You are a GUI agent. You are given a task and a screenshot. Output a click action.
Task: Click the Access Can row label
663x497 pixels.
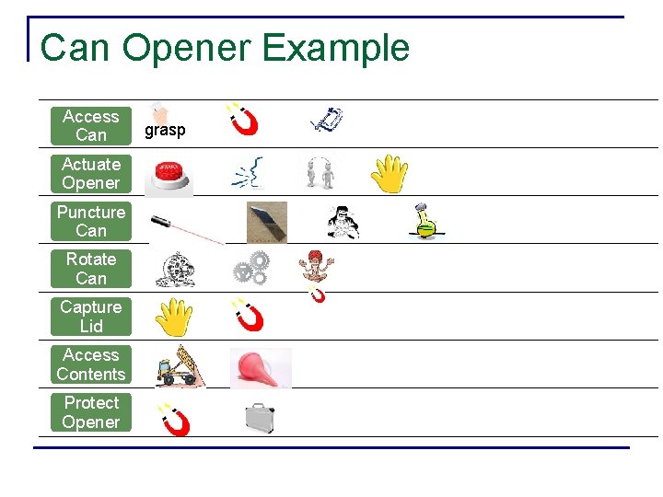pos(91,126)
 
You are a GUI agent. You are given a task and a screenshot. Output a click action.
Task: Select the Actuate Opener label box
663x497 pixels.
pos(91,174)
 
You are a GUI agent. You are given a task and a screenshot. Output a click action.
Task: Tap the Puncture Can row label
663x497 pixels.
pos(91,222)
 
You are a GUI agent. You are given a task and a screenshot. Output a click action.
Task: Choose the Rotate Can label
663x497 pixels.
pos(91,269)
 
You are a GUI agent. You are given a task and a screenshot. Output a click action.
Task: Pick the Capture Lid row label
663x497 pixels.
pos(91,317)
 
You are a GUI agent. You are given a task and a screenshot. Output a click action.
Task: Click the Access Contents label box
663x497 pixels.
pos(91,364)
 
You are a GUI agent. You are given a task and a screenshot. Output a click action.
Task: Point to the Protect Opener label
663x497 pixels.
pos(91,412)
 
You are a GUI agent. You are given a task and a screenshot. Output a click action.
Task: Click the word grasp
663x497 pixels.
pos(165,131)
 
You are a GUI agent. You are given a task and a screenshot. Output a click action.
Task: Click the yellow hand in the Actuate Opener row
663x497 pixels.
pos(390,174)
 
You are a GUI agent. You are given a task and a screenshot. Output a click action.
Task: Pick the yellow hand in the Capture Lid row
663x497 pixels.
pos(173,318)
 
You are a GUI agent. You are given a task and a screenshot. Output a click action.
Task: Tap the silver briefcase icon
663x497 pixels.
pos(261,418)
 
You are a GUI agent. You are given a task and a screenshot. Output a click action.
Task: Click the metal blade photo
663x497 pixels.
pos(266,222)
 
